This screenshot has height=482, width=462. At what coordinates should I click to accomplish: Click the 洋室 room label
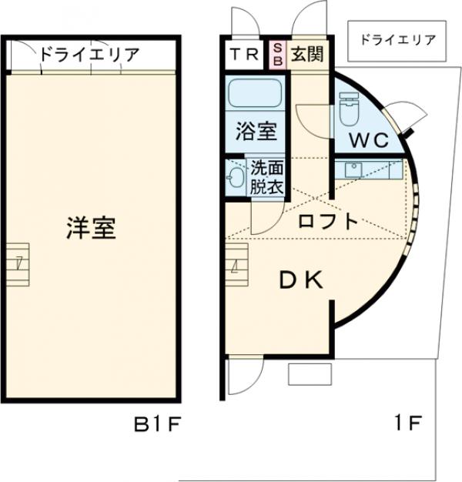pos(91,229)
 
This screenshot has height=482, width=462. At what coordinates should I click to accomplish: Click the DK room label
pos(300,281)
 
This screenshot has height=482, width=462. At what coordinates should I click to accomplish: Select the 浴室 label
pos(256,131)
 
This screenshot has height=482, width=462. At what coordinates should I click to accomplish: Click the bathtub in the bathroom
pos(255,95)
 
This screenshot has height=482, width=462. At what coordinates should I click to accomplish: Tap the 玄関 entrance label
pos(306,54)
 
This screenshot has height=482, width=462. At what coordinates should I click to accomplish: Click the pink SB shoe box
pos(278,53)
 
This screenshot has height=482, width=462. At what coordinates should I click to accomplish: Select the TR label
pos(244,54)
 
